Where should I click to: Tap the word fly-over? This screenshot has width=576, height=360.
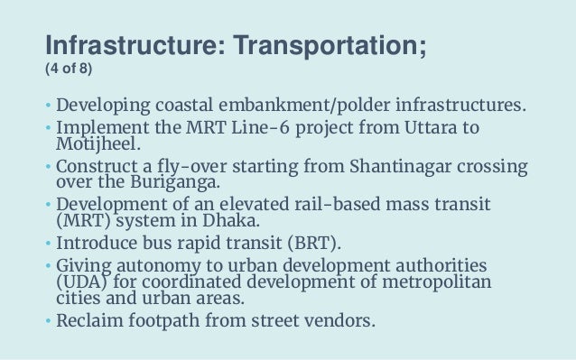pyautogui.click(x=178, y=168)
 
